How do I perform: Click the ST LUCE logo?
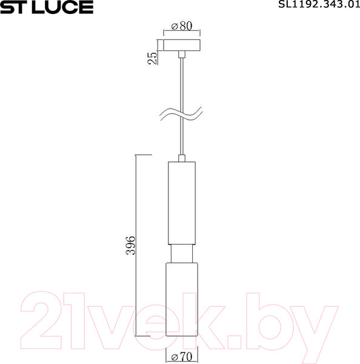pyautogui.click(x=47, y=7)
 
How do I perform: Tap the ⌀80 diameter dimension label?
pyautogui.click(x=181, y=27)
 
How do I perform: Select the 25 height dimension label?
pyautogui.click(x=153, y=58)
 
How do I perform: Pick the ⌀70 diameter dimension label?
pyautogui.click(x=181, y=357)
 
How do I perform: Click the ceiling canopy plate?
pyautogui.click(x=182, y=46)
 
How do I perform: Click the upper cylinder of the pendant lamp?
pyautogui.click(x=182, y=203)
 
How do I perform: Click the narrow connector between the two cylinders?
pyautogui.click(x=182, y=253)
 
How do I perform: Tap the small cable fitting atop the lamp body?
pyautogui.click(x=182, y=158)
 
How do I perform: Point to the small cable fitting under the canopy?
pyautogui.click(x=182, y=55)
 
